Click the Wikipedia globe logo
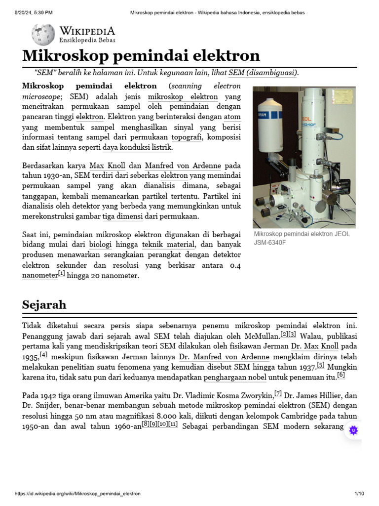click(43, 35)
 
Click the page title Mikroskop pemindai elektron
click(141, 55)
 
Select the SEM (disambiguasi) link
click(263, 73)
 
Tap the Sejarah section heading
click(44, 304)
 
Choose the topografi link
click(187, 137)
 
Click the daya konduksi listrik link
click(137, 147)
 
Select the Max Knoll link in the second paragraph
click(107, 166)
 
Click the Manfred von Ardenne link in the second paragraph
click(183, 166)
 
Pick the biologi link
click(100, 245)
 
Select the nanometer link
click(39, 276)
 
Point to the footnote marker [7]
click(278, 394)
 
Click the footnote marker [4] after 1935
click(43, 355)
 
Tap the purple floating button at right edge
click(353, 430)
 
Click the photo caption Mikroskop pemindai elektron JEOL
click(302, 234)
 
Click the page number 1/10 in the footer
click(359, 494)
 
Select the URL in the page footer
click(77, 494)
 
